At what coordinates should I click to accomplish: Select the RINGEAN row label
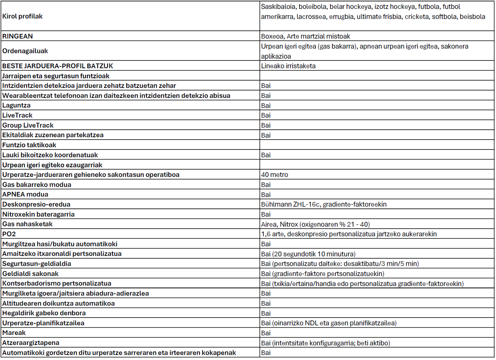click(18, 36)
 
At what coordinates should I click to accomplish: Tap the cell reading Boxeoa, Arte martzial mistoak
click(305, 36)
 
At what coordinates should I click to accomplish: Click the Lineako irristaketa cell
click(288, 66)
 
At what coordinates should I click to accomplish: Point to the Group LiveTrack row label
click(28, 125)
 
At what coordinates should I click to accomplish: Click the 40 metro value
click(275, 175)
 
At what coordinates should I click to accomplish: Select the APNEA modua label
click(25, 194)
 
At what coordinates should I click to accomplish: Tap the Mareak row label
click(14, 333)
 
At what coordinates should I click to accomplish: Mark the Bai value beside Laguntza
click(266, 105)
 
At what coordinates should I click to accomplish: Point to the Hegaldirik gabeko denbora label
click(44, 313)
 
